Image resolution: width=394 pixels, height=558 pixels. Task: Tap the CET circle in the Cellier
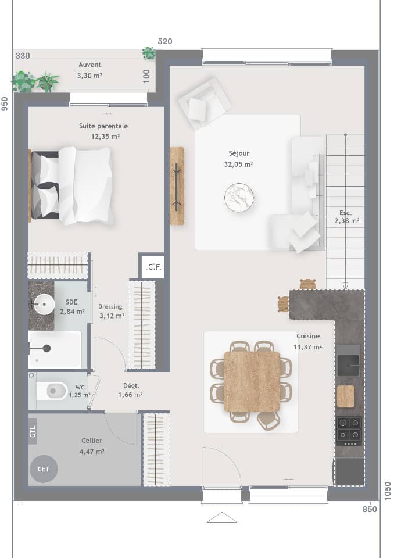coord(44,468)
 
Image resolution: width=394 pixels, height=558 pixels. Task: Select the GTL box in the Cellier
coord(33,431)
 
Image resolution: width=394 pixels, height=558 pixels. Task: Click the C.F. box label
coord(153,267)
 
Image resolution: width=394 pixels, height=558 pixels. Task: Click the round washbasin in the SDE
coord(42,305)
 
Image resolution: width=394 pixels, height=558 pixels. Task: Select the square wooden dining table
coord(252,381)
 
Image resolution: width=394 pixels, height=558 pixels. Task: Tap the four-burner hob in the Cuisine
coord(349,430)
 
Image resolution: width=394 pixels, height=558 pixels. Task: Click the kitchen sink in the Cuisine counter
coord(348,365)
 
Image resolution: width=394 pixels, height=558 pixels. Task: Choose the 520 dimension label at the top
coord(166,41)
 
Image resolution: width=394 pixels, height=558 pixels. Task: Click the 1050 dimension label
coord(388,491)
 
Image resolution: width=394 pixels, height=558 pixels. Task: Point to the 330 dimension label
coord(23,56)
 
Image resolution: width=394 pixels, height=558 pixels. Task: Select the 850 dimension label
coord(370,509)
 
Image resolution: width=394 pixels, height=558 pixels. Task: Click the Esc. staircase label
coord(345,213)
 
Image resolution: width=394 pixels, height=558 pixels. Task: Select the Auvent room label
coord(89,65)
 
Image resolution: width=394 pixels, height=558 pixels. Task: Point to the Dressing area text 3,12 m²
coord(112,316)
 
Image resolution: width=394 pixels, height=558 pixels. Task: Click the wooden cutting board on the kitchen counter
coord(345,396)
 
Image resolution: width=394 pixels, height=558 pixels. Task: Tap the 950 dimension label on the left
coord(5,104)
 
